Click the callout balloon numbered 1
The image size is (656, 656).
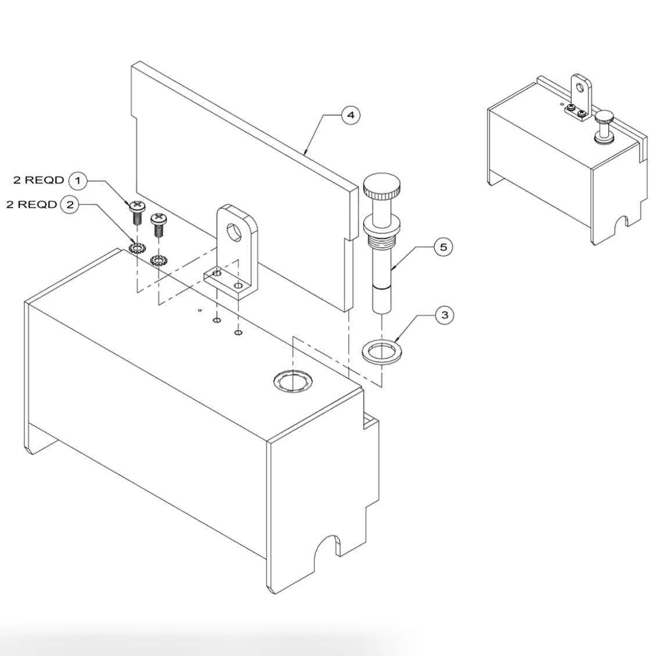coord(78,181)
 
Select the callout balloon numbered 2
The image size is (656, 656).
coord(70,204)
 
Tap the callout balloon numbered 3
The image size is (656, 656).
coord(445,315)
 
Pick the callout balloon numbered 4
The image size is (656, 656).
coord(349,116)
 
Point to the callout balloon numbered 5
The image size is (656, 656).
coord(444,247)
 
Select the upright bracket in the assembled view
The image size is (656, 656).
coord(582,93)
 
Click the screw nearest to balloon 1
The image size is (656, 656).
coord(136,213)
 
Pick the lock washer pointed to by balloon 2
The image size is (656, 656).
coord(137,248)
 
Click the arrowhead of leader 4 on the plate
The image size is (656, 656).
coord(305,153)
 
